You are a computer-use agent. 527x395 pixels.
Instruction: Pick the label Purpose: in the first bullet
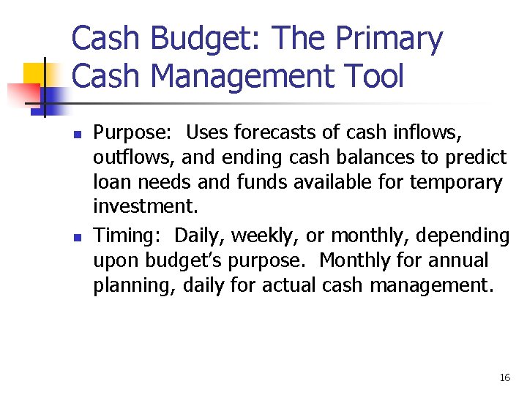132,133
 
